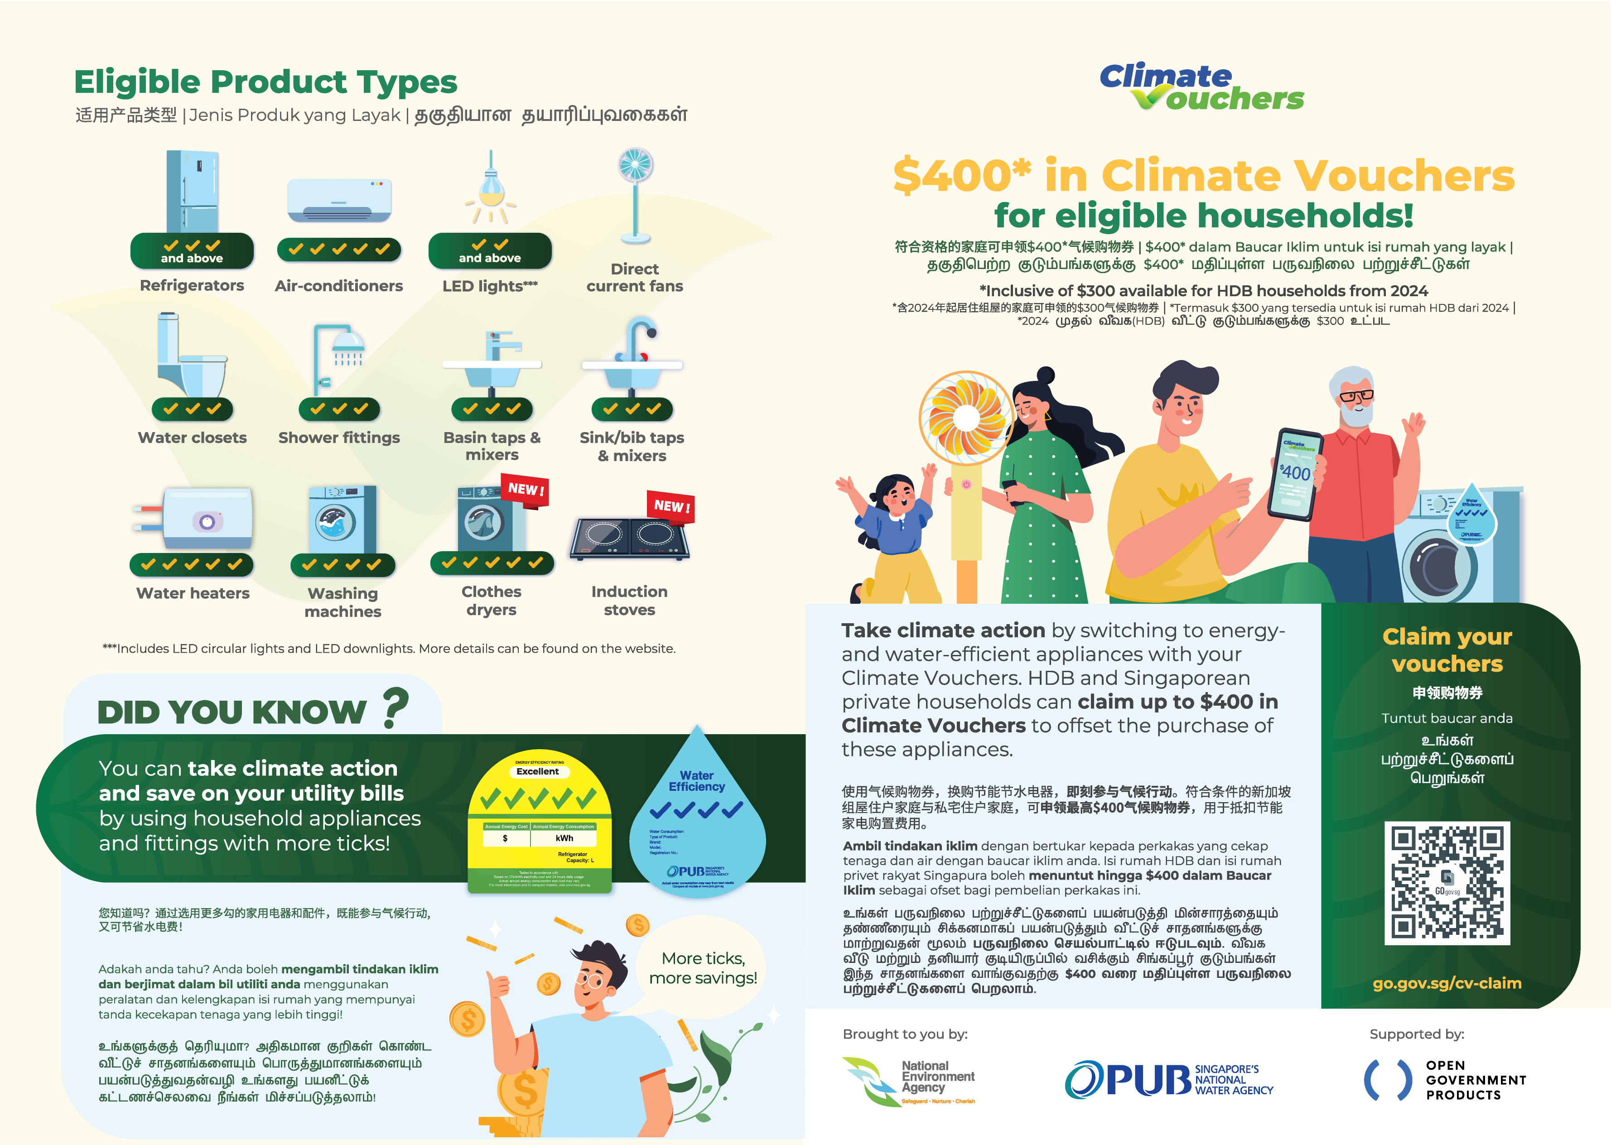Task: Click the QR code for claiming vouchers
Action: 1447,883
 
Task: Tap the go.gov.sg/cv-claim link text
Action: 1447,983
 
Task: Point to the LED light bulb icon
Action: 491,188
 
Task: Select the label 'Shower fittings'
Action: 339,438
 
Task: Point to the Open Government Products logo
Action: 1445,1080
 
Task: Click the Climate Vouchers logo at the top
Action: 1201,87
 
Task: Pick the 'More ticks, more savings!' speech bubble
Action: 702,968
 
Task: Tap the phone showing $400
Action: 1294,474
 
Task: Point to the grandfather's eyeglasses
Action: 1356,395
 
